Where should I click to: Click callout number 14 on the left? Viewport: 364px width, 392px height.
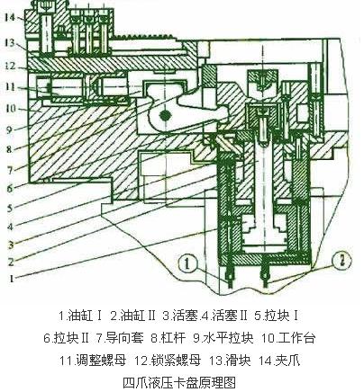point(10,17)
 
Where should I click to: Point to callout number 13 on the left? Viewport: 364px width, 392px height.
point(9,42)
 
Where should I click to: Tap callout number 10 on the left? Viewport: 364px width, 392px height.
point(10,109)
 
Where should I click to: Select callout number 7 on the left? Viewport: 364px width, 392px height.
point(10,171)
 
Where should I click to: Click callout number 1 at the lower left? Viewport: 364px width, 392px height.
point(12,279)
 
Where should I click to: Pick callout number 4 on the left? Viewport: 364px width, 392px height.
point(10,227)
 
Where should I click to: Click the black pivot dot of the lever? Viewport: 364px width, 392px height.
point(165,115)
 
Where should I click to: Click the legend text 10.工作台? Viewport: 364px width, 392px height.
point(288,338)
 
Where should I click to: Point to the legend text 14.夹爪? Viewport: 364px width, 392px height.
point(279,361)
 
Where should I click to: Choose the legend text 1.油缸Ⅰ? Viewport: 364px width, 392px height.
point(81,316)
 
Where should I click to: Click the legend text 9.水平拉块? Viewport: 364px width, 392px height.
point(223,338)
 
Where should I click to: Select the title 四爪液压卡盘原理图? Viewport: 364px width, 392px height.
point(179,382)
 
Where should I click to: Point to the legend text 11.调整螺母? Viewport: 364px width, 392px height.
point(93,361)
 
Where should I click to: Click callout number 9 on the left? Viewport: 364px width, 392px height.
point(10,129)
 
